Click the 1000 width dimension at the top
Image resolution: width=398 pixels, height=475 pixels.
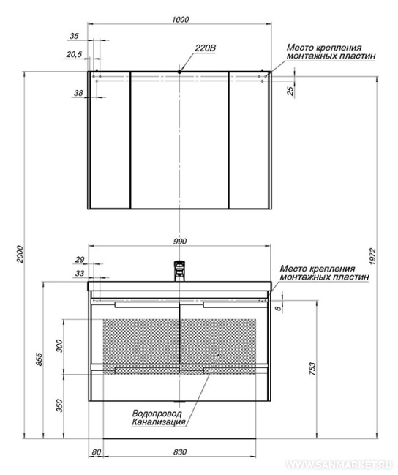tap(180, 20)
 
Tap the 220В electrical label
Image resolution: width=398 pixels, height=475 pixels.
tap(206, 48)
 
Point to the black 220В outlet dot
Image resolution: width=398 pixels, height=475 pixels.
tap(180, 72)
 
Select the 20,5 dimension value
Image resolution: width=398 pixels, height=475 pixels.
tap(74, 55)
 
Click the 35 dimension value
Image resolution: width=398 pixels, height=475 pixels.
tap(74, 36)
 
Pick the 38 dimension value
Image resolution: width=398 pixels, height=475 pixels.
tap(78, 93)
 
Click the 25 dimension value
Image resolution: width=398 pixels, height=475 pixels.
tap(290, 91)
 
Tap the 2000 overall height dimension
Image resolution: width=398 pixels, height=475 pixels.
tap(20, 254)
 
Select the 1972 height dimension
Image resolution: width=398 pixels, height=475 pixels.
tap(372, 257)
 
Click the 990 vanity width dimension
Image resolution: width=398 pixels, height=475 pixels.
tap(180, 242)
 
